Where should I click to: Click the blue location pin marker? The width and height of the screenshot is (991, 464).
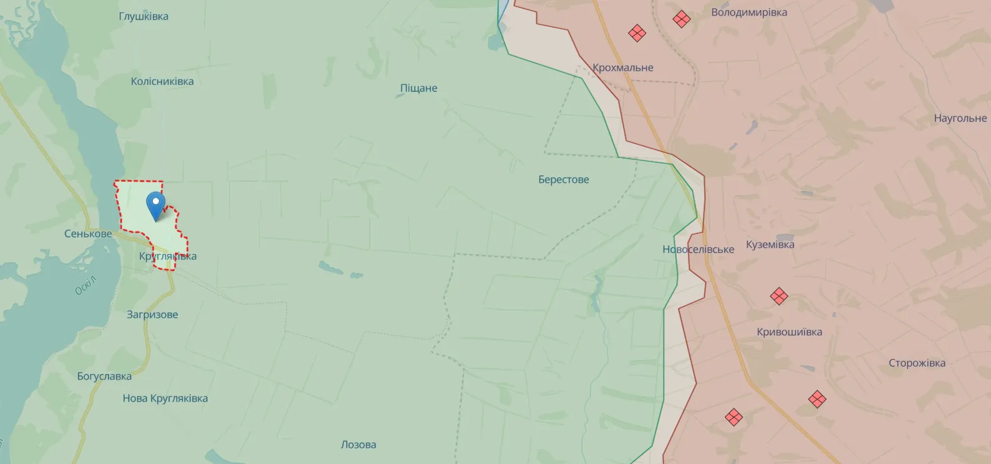click(155, 205)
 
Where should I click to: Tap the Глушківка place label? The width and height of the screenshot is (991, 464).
click(143, 16)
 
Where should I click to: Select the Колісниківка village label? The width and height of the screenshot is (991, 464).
click(162, 81)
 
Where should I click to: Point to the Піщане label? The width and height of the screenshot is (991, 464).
click(418, 88)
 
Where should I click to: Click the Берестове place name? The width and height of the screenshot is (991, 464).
click(563, 179)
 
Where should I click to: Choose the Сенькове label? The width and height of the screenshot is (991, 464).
click(88, 234)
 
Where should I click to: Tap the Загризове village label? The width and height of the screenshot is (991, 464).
click(152, 314)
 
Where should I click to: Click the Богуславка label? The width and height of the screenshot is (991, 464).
click(104, 376)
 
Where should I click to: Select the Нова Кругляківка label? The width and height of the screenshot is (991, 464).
click(165, 398)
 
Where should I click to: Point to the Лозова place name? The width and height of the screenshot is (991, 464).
click(358, 445)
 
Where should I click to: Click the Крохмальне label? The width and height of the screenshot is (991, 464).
click(623, 67)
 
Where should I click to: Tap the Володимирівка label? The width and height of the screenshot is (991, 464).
click(749, 12)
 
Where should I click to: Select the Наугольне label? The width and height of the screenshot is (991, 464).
click(960, 118)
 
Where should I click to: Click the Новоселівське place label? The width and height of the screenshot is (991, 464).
click(698, 249)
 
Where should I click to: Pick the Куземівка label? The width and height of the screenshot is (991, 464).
click(770, 244)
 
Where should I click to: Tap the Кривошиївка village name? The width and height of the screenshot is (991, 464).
click(789, 332)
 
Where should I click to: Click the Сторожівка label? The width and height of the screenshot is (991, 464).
click(917, 363)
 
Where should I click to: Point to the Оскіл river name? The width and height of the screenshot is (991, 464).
click(85, 285)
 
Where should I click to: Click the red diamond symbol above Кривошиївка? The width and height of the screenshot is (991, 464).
click(779, 296)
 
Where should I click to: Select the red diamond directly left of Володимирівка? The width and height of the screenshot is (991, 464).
click(682, 19)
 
